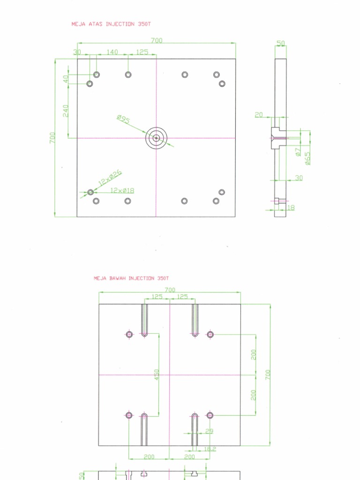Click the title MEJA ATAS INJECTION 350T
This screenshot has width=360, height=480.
[111, 23]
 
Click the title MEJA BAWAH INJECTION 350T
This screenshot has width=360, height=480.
[131, 278]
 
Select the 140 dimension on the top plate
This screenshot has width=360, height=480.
[112, 52]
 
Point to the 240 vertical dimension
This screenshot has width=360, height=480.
[66, 111]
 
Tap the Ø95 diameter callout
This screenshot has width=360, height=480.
[123, 120]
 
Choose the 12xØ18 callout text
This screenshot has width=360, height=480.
[122, 190]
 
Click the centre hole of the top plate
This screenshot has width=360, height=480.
[156, 138]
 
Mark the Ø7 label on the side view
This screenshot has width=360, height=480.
[298, 151]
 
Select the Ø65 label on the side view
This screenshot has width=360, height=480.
[307, 158]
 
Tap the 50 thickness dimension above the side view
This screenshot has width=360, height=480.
[280, 44]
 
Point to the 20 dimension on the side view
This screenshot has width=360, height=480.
[259, 115]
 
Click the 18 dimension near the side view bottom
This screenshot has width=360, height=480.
[291, 207]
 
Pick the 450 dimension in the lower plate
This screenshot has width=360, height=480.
[157, 375]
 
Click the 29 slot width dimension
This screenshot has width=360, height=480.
[209, 431]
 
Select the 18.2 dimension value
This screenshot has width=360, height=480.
[210, 449]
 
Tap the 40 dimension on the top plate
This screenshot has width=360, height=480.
[66, 79]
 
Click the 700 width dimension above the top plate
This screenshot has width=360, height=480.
[157, 41]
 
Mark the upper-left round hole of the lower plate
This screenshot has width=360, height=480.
[129, 334]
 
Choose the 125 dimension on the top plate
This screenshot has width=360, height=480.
[142, 52]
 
